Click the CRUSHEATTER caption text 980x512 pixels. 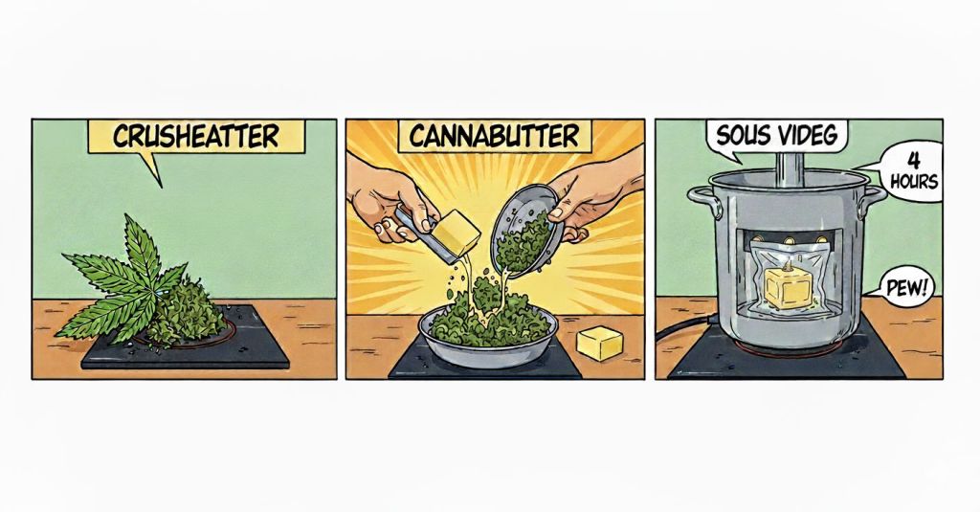pyautogui.click(x=195, y=136)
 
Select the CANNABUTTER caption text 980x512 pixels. pyautogui.click(x=494, y=136)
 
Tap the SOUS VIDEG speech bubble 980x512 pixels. pyautogui.click(x=776, y=137)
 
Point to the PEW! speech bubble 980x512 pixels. pyautogui.click(x=907, y=289)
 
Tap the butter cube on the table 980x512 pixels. pyautogui.click(x=599, y=343)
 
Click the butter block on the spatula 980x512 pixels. pyautogui.click(x=457, y=232)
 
